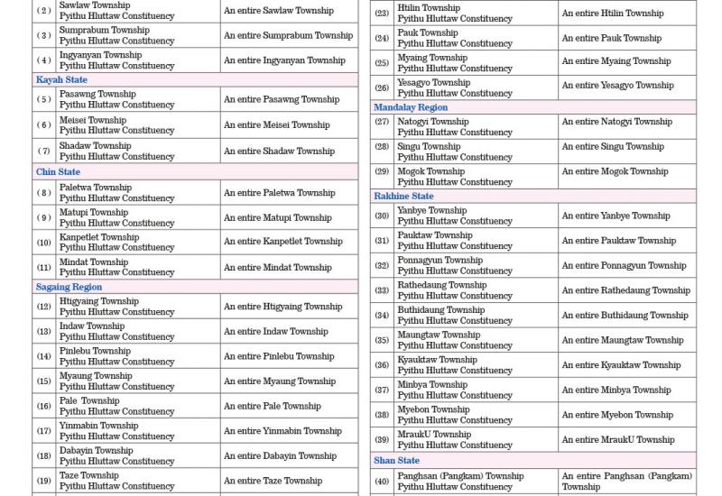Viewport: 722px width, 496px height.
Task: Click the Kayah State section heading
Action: pyautogui.click(x=61, y=80)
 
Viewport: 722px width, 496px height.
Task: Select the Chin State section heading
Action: pyautogui.click(x=58, y=172)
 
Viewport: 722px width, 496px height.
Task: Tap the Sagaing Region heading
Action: pyautogui.click(x=69, y=287)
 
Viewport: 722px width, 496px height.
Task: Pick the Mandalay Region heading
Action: pyautogui.click(x=411, y=107)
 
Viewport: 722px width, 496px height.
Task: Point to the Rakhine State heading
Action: pyautogui.click(x=403, y=196)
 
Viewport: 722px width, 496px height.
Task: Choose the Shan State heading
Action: pyautogui.click(x=397, y=461)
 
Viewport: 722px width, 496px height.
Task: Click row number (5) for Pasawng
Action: pyautogui.click(x=44, y=99)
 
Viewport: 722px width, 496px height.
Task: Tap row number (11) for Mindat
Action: pyautogui.click(x=44, y=267)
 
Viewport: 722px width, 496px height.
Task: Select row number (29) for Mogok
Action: pyautogui.click(x=382, y=171)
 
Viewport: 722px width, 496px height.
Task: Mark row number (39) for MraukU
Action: pyautogui.click(x=382, y=440)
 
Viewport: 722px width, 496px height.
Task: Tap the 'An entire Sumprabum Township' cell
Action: pyautogui.click(x=288, y=35)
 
